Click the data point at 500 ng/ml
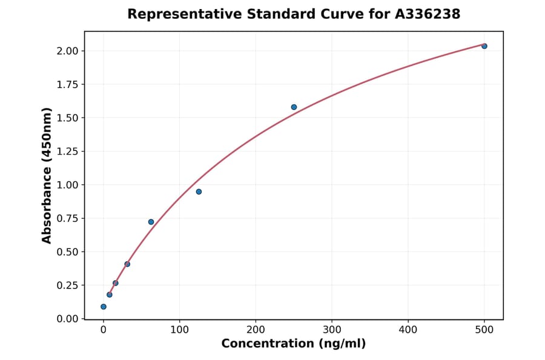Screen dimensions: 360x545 pos(484,46)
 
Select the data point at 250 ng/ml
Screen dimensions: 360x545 pos(294,107)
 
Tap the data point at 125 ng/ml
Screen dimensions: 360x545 pos(199,192)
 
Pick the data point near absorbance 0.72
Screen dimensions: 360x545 pos(151,222)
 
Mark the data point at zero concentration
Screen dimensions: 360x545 pos(104,307)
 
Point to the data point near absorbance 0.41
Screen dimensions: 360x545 pos(127,264)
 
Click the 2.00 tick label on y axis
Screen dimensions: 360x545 pos(67,51)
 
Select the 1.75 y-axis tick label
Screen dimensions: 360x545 pos(67,84)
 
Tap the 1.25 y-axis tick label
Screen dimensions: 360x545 pos(67,152)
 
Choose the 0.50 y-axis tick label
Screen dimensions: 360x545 pos(67,252)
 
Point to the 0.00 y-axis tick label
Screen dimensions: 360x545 pos(67,319)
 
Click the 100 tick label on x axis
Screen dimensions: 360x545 pos(179,330)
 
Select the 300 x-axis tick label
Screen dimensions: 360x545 pos(332,330)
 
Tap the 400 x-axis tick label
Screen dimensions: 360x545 pos(408,330)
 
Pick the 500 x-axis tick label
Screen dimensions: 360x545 pos(484,330)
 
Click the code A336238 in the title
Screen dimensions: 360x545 pos(429,14)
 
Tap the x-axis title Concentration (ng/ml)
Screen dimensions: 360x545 pos(294,344)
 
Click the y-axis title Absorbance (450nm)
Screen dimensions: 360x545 pos(47,175)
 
